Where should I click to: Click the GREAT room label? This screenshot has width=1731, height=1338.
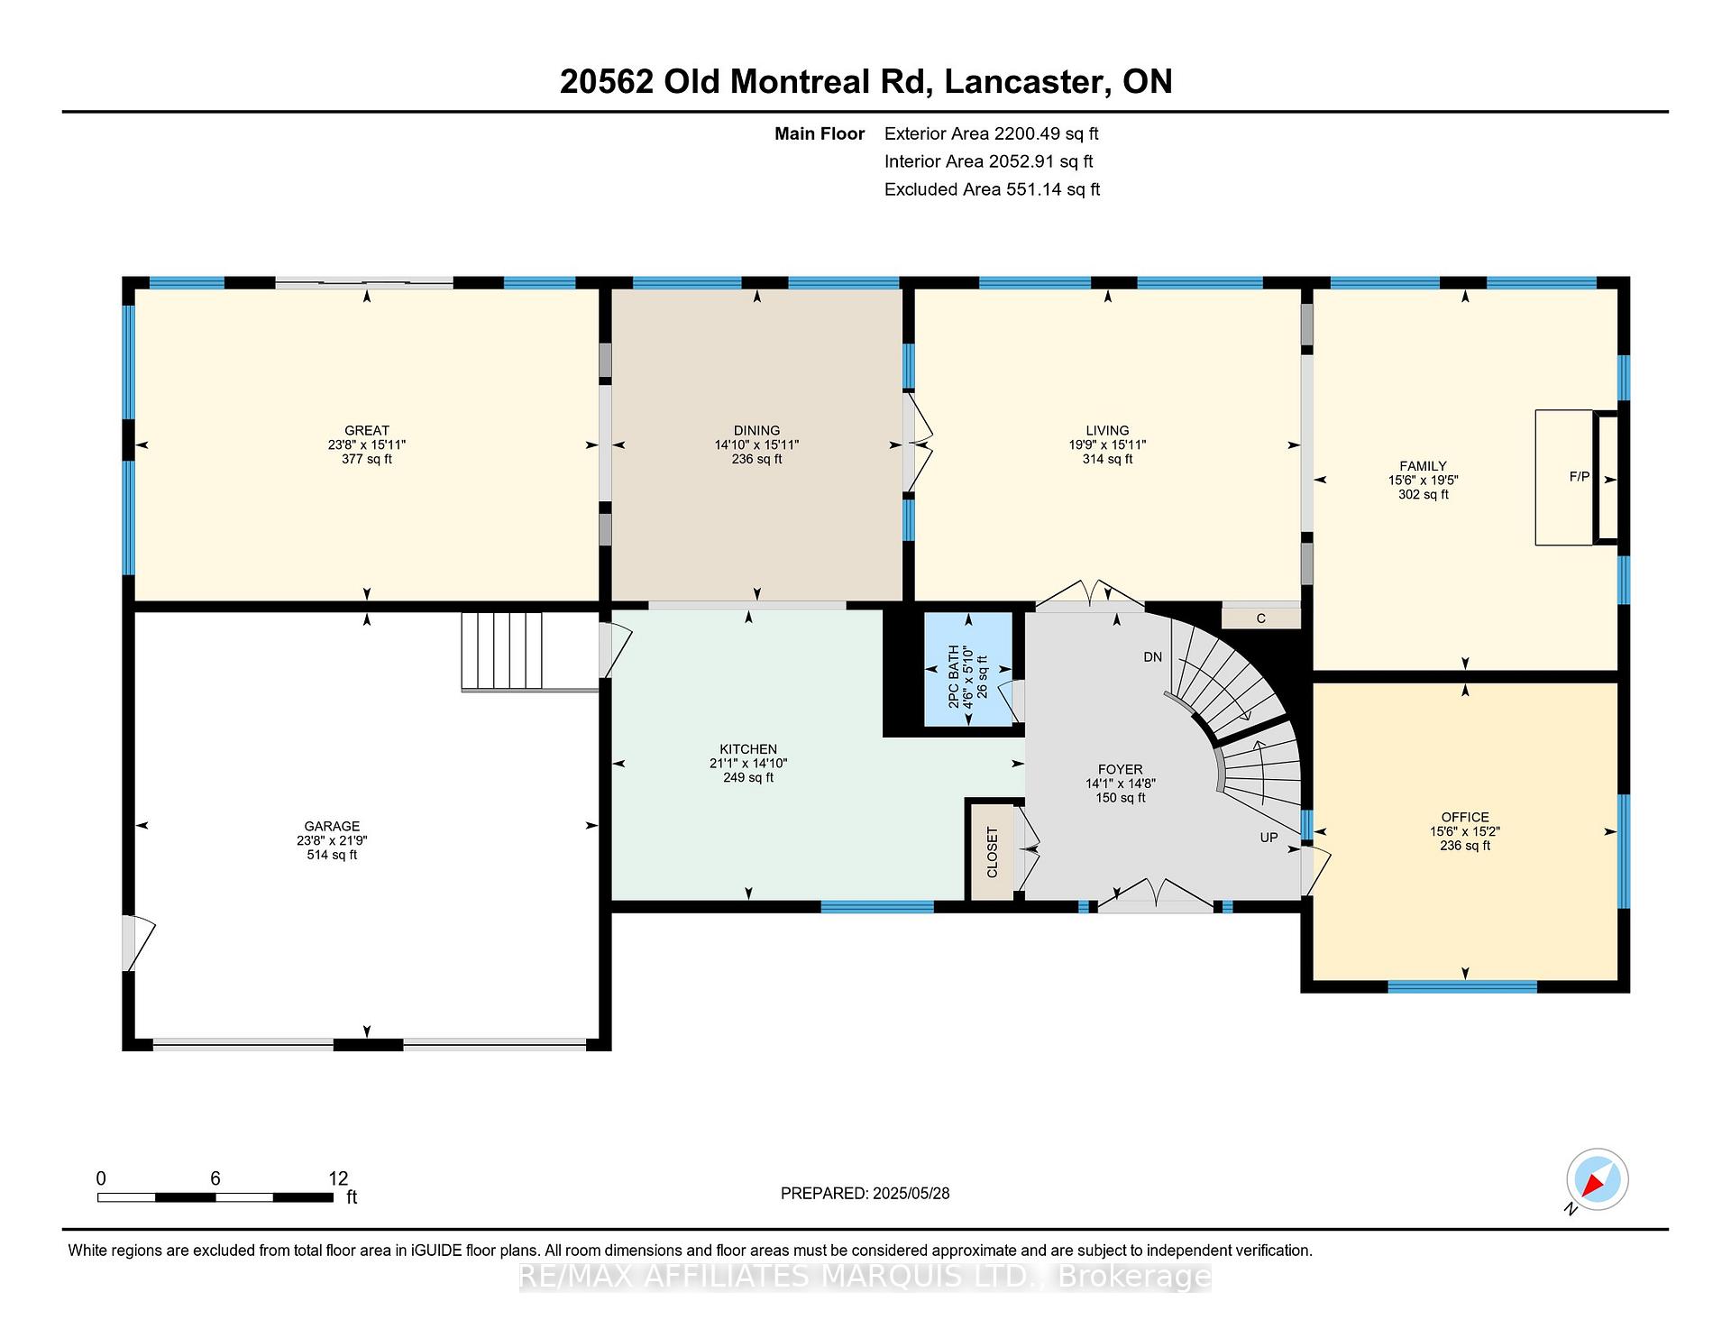click(x=367, y=431)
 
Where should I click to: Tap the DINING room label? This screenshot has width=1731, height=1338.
click(x=756, y=431)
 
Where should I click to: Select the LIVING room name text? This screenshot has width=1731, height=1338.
click(x=1107, y=431)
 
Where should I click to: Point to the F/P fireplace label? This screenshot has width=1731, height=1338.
click(x=1580, y=477)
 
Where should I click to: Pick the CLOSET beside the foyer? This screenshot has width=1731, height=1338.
click(x=992, y=851)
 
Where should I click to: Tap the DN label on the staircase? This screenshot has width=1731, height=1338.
click(x=1153, y=657)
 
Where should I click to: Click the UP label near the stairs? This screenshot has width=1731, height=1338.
click(x=1268, y=838)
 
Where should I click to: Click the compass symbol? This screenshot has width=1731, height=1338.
click(x=1598, y=1179)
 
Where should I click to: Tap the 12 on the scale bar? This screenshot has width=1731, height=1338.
click(x=338, y=1178)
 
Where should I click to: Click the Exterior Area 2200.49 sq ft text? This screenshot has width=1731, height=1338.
click(x=992, y=134)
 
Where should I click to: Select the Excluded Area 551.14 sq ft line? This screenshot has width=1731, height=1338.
click(x=992, y=189)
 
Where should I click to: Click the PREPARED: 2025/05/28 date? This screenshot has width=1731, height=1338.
click(x=865, y=1194)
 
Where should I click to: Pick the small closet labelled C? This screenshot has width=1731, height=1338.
click(x=1261, y=618)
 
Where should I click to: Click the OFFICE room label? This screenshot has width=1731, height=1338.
click(x=1465, y=818)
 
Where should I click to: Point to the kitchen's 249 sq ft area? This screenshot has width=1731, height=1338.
click(x=748, y=778)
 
